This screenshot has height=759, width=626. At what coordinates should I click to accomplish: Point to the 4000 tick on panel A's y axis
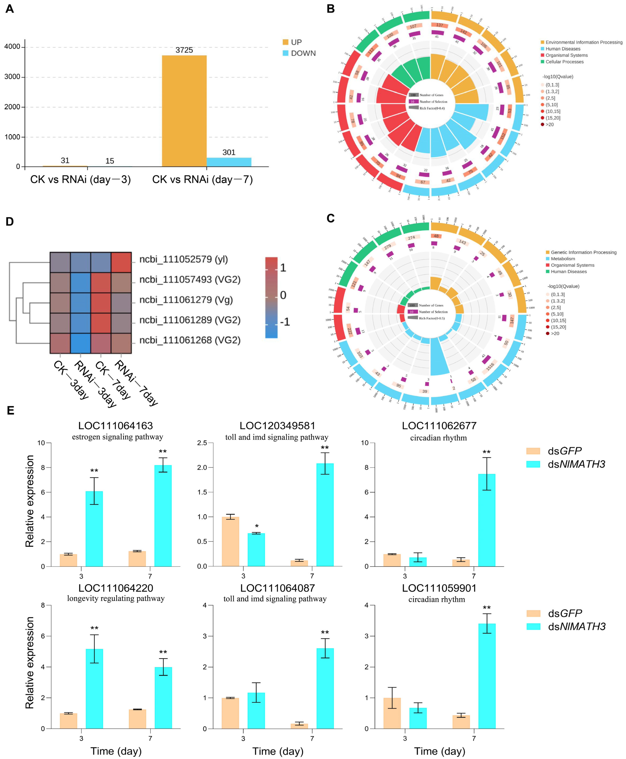(12, 47)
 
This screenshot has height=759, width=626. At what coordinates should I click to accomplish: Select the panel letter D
(10, 221)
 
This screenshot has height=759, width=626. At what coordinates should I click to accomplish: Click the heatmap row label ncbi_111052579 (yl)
(184, 259)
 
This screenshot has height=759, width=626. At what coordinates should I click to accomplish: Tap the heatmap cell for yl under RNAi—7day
(121, 262)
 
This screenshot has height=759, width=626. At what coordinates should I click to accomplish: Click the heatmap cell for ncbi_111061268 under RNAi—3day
(80, 343)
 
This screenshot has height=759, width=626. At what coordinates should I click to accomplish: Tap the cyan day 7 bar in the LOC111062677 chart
(486, 520)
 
